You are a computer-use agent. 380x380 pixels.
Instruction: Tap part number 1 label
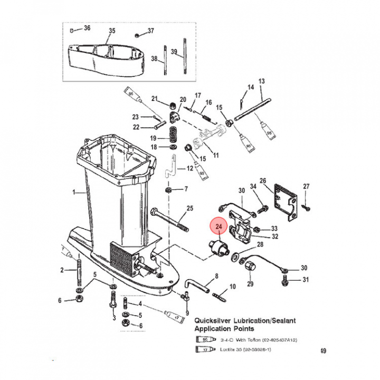point(75,193)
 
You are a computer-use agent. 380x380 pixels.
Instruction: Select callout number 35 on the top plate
point(111,31)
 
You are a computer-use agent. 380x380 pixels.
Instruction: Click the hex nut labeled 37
point(136,35)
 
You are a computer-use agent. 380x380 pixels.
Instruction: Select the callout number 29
point(250,284)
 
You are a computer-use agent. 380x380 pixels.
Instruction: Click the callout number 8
point(216,276)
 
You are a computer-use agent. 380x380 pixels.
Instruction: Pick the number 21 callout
point(155,99)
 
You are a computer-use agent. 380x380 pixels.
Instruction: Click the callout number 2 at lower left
point(61,270)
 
